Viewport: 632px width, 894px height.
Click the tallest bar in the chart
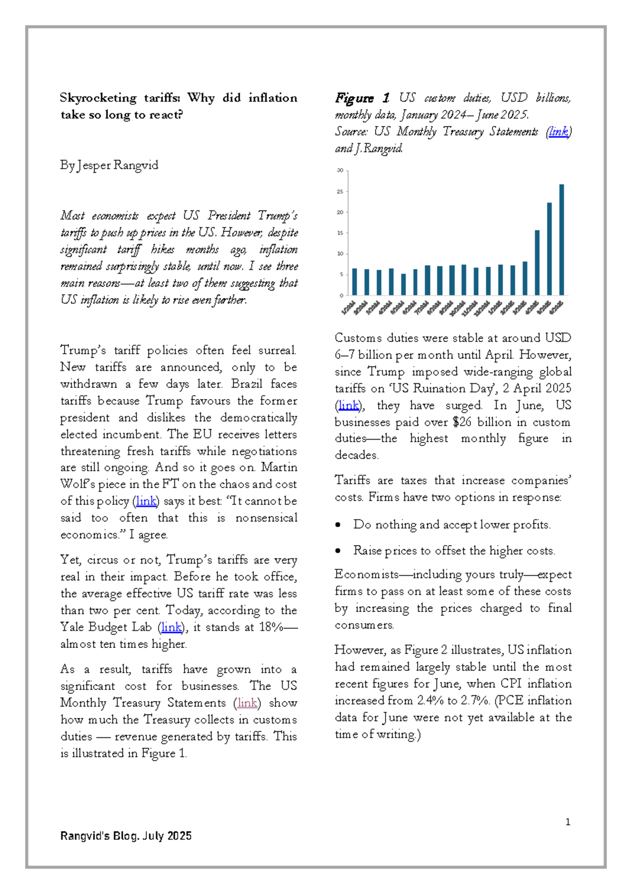click(561, 240)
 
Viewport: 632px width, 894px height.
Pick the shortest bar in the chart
click(403, 284)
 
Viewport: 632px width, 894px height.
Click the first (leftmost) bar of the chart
click(354, 281)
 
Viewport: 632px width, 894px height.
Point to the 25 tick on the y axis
click(340, 192)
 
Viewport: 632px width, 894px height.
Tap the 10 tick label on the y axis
click(340, 254)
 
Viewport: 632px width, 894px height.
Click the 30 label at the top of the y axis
click(340, 171)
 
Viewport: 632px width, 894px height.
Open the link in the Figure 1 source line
click(558, 132)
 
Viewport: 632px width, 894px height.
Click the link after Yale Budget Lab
click(172, 627)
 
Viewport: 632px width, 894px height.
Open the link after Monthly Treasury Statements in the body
click(247, 703)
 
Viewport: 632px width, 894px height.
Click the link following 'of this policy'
click(146, 501)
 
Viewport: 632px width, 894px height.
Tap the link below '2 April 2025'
click(348, 405)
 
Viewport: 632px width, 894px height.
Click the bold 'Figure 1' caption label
click(362, 98)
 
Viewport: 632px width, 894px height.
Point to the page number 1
click(568, 822)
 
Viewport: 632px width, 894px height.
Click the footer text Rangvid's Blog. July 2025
click(126, 836)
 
